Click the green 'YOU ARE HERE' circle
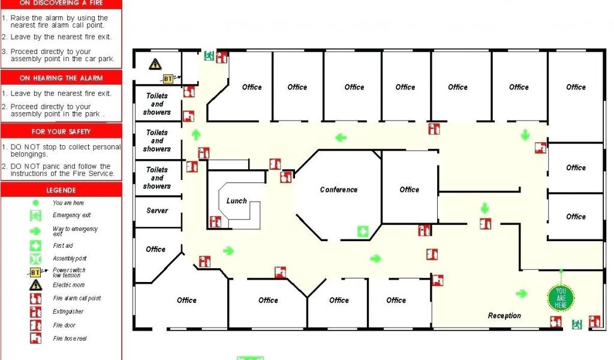tap(561, 298)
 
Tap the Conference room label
tap(339, 190)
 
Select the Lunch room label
tap(236, 201)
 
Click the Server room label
tap(157, 211)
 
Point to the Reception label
tap(504, 316)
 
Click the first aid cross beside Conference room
tap(363, 231)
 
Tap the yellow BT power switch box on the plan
tap(168, 79)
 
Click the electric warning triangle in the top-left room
tap(155, 64)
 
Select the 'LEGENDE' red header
tap(61, 190)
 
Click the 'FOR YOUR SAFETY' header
tap(61, 131)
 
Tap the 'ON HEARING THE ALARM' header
tap(61, 78)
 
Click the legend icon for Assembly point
tap(36, 259)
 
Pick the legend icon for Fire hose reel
tap(36, 338)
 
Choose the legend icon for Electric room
tap(36, 285)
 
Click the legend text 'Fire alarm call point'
tap(77, 298)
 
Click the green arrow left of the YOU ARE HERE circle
tap(522, 293)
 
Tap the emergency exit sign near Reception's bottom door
tap(577, 324)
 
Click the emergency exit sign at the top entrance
tap(209, 56)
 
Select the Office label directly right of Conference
tap(410, 190)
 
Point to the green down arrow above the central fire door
tap(484, 209)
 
